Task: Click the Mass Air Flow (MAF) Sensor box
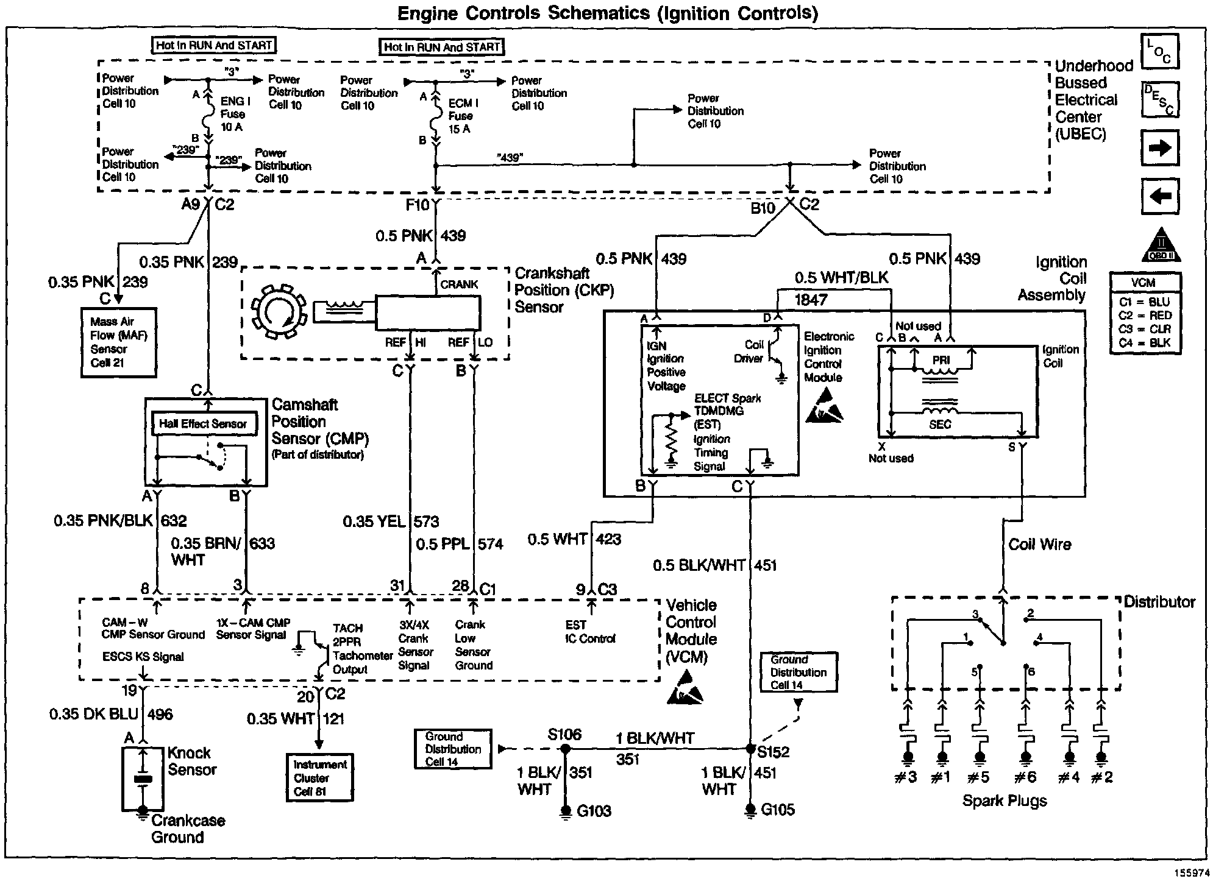point(119,342)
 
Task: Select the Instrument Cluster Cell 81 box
point(319,778)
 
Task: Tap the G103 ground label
point(593,811)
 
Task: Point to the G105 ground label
point(778,810)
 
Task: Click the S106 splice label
point(564,734)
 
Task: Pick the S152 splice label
point(773,752)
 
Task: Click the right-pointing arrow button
point(1160,147)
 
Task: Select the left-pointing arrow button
point(1160,196)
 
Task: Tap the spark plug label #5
point(978,777)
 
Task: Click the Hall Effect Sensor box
point(203,424)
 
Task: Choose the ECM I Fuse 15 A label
point(463,116)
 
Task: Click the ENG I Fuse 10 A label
point(233,114)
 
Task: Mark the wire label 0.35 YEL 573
point(390,521)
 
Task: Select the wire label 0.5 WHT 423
point(574,539)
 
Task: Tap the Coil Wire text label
point(1039,545)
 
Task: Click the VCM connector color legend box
point(1145,313)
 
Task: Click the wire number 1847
point(811,299)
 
